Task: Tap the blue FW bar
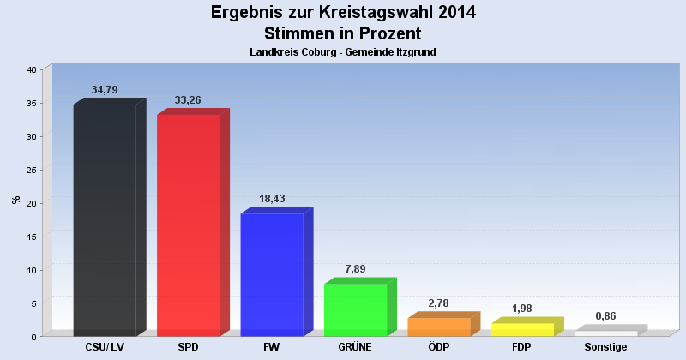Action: click(272, 274)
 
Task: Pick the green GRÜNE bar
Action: click(356, 309)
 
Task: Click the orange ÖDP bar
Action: click(439, 327)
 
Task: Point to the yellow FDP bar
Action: click(522, 329)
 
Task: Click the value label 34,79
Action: click(105, 90)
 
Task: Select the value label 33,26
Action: click(188, 99)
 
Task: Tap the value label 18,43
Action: click(272, 199)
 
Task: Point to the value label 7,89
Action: click(355, 269)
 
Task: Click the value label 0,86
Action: click(605, 316)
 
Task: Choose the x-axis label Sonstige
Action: click(605, 347)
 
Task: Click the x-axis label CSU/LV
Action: click(105, 347)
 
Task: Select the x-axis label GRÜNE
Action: click(355, 347)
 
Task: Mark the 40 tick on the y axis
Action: click(31, 69)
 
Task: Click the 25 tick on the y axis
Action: click(31, 170)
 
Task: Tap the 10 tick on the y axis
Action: click(31, 270)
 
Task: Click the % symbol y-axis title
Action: click(16, 200)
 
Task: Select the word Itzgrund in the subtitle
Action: click(415, 52)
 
